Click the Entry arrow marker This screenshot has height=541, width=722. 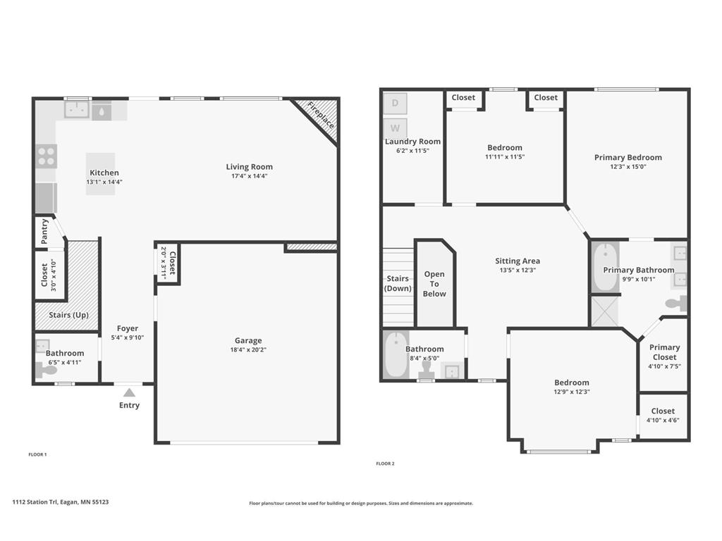point(129,392)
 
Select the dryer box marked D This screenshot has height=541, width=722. point(395,104)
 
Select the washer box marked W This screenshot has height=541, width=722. point(395,128)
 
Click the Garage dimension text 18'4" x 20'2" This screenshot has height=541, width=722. point(248,350)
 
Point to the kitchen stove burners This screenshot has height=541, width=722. point(47,156)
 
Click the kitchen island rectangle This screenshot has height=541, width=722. point(101,173)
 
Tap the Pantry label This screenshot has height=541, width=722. point(44,232)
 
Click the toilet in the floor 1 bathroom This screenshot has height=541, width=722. point(47,370)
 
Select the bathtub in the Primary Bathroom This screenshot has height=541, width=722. point(604,267)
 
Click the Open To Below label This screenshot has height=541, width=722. point(434,284)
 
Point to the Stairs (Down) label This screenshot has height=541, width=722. point(398,284)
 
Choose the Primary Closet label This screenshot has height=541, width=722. point(664,352)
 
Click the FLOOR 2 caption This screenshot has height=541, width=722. point(385,464)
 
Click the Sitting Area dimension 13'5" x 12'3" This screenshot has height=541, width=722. point(518,270)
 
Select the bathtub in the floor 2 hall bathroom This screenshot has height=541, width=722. point(396,355)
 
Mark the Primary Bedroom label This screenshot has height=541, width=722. point(628,158)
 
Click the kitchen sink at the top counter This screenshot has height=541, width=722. point(77,109)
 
